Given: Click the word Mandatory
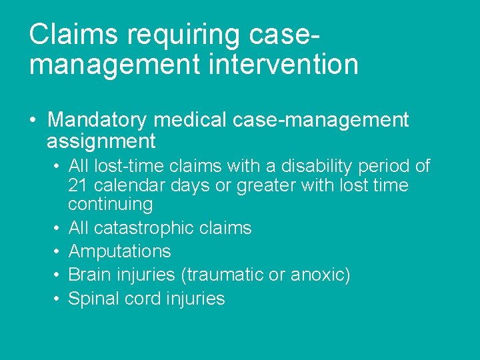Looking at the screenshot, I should point(97,120).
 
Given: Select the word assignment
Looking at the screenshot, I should point(101,141).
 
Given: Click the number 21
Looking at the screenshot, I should point(79,185).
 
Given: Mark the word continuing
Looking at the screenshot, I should point(110,204).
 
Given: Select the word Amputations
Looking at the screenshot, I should point(119,251).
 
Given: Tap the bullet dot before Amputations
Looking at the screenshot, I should point(59,251).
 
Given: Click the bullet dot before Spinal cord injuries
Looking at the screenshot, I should point(59,298).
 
